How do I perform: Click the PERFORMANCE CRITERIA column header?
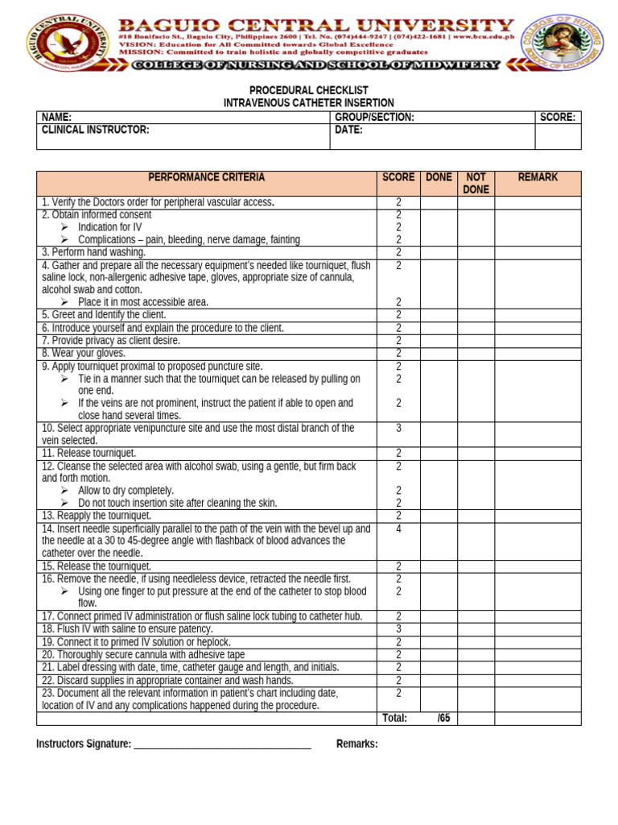coord(206,177)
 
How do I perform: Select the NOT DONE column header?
coord(476,183)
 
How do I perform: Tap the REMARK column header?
coord(538,177)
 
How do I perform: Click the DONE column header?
coord(439,177)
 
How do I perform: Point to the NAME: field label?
coord(56,118)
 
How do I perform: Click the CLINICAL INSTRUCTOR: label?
coord(95,130)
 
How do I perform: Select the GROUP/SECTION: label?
coord(374,118)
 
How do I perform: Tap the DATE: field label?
coord(348,130)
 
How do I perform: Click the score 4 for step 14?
coord(398,529)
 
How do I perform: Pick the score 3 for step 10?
coord(398,429)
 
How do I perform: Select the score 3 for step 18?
coord(398,629)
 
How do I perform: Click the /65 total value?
coord(443,719)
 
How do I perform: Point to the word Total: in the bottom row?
coord(394,719)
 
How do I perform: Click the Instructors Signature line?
coord(221,744)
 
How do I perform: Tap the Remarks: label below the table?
coord(356,744)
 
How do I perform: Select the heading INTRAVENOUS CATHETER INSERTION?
coord(308,103)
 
